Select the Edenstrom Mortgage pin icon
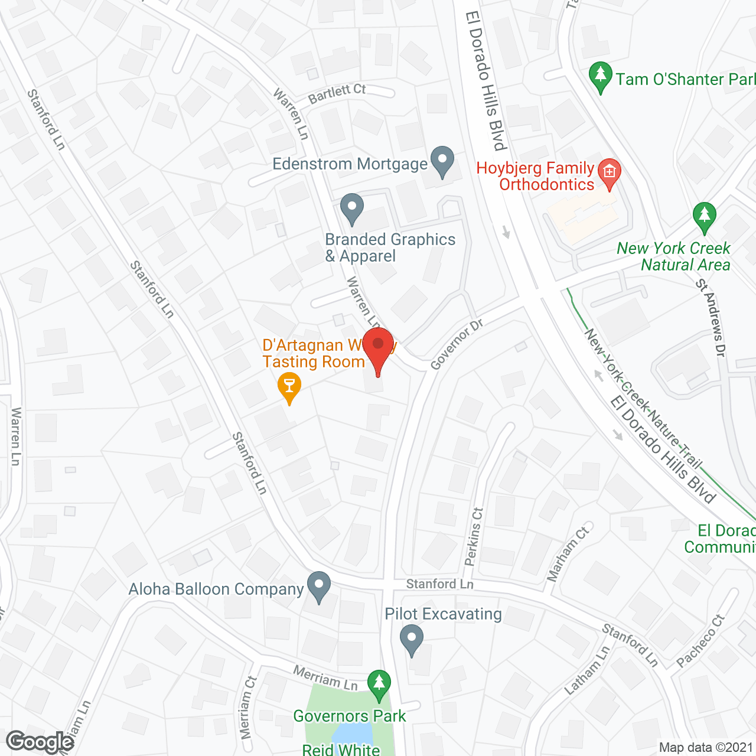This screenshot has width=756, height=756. (442, 161)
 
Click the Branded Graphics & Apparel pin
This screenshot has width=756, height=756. (352, 209)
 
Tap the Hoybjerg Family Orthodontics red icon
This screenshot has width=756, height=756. (609, 173)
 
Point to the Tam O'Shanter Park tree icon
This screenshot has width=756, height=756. (601, 77)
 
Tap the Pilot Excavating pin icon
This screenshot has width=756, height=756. (412, 640)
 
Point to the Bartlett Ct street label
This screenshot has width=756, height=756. (337, 93)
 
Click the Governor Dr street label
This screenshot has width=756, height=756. (457, 345)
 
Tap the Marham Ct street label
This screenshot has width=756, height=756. (568, 553)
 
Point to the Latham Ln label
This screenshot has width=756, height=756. (587, 670)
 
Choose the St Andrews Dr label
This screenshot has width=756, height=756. (711, 318)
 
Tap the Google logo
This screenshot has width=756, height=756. (40, 742)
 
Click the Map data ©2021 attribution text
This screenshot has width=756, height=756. (706, 748)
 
